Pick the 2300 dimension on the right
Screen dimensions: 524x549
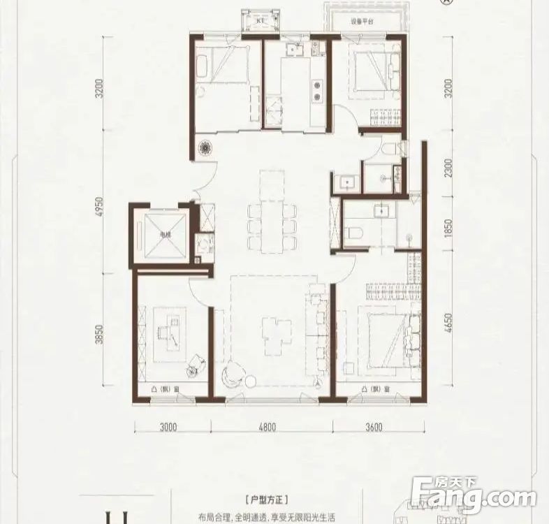[448, 168]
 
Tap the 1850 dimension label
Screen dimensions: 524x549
[448, 228]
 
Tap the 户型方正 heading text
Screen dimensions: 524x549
[268, 501]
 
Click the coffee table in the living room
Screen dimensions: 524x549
[272, 330]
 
